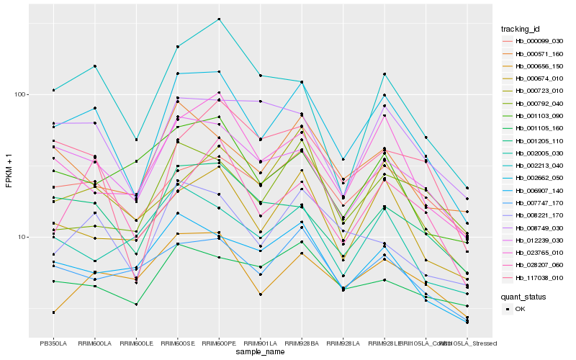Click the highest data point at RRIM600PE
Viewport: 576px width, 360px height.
point(219,19)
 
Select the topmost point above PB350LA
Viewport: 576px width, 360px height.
point(53,90)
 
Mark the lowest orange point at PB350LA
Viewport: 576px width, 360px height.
point(53,312)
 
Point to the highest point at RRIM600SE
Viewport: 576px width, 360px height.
point(177,46)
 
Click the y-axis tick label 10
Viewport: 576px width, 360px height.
point(22,237)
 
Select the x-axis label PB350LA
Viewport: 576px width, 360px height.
point(53,343)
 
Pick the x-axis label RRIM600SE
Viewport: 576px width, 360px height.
point(177,343)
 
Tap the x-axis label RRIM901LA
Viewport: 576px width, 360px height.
point(260,343)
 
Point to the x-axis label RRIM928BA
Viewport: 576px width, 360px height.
point(302,343)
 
